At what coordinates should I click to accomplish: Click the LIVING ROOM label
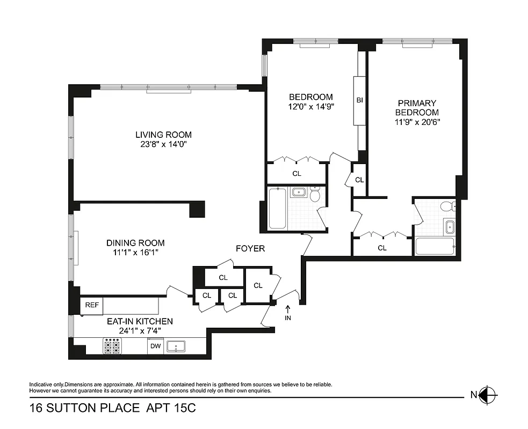[x=163, y=135]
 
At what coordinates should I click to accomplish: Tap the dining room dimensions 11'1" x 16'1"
[x=135, y=252]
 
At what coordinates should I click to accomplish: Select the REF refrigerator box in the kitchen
[x=92, y=306]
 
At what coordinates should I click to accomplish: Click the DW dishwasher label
[x=156, y=346]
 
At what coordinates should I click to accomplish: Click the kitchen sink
[x=176, y=346]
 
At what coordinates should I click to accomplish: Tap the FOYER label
[x=250, y=249]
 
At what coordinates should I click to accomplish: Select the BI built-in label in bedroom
[x=359, y=100]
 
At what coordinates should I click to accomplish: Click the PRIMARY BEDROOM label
[x=417, y=108]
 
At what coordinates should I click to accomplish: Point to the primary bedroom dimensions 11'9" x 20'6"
[x=417, y=122]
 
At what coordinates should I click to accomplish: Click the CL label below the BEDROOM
[x=296, y=174]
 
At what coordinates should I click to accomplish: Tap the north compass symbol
[x=489, y=395]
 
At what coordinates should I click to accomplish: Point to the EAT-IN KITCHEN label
[x=140, y=321]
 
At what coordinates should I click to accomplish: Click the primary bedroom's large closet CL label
[x=382, y=248]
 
